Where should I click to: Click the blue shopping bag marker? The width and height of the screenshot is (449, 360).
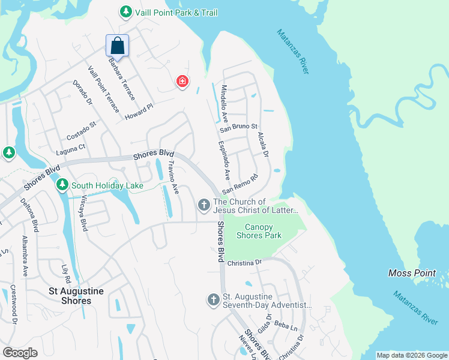click(118, 46)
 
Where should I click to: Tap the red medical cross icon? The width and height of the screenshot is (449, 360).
click(182, 82)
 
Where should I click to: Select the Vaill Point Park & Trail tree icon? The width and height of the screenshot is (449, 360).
click(125, 12)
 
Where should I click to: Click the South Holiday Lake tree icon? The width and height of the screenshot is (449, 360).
click(62, 185)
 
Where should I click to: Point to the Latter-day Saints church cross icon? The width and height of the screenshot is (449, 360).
click(203, 206)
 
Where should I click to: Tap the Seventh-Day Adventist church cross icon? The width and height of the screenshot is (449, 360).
click(213, 299)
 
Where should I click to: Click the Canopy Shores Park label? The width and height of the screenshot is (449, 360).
click(259, 231)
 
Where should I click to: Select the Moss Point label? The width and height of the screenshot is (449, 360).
click(412, 273)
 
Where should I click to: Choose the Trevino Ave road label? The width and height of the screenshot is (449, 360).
click(173, 177)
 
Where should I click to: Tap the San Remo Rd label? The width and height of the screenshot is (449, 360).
click(240, 184)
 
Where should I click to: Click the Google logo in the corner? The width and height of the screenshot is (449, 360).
click(20, 352)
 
